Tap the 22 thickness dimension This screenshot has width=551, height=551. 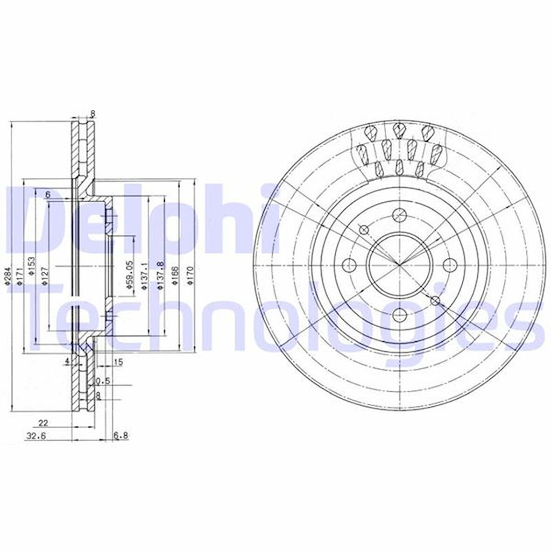(x=42, y=423)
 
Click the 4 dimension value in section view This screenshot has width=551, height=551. (x=67, y=361)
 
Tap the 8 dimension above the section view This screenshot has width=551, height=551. (x=92, y=113)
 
